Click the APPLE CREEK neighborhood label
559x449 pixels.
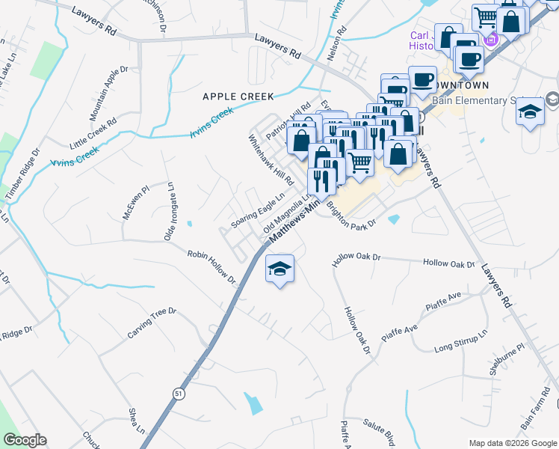(238, 97)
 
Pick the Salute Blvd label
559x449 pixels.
(379, 433)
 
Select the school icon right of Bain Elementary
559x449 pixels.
(531, 112)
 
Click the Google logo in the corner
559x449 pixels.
(25, 440)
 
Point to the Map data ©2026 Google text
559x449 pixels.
(512, 443)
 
